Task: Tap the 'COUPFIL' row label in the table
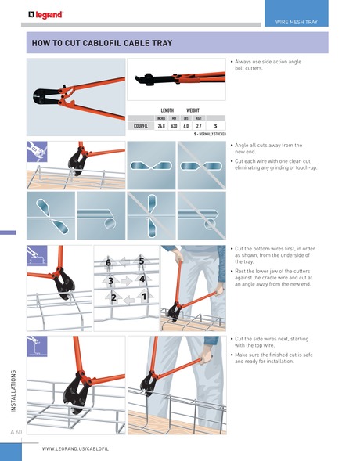click(x=142, y=125)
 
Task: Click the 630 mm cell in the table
click(x=174, y=125)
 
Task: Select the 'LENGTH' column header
click(x=167, y=111)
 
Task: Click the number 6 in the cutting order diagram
click(x=110, y=262)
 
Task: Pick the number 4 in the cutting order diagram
click(x=142, y=279)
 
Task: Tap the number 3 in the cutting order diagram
click(x=111, y=280)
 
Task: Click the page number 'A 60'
click(x=16, y=432)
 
